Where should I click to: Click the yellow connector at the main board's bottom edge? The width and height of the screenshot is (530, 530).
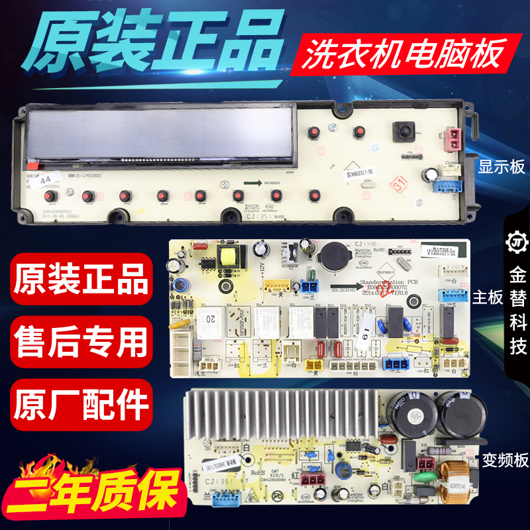coord(313,363)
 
